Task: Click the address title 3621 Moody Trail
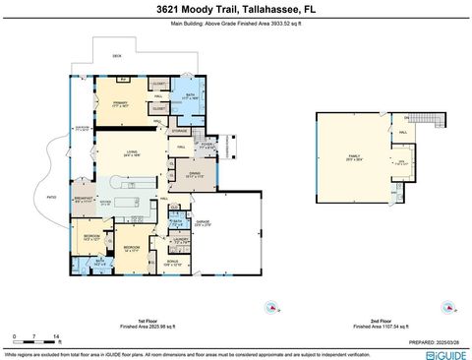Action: click(x=235, y=8)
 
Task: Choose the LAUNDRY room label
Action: click(x=180, y=239)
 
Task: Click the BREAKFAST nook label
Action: click(x=84, y=199)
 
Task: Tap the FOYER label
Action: click(x=206, y=146)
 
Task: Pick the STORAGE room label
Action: click(x=179, y=130)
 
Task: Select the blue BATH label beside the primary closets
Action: click(x=191, y=96)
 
